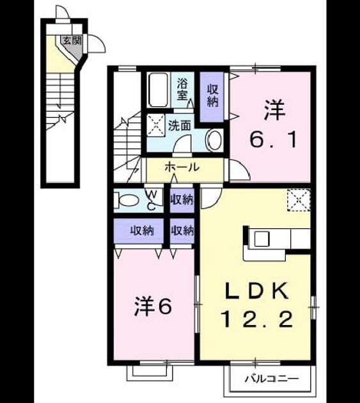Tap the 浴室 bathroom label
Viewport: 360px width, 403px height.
pos(182,90)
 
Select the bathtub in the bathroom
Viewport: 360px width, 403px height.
pos(158,90)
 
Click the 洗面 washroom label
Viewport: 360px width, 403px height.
pos(179,125)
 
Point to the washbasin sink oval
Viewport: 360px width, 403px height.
pos(215,141)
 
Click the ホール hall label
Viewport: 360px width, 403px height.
pos(182,167)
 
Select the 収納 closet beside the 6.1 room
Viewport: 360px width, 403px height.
pos(212,97)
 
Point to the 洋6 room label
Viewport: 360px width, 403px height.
pos(153,306)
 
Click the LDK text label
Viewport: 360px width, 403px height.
pos(256,290)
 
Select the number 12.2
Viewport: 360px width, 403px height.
pos(256,319)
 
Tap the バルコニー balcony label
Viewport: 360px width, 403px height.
pos(272,379)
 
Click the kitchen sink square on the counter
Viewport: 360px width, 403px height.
pos(262,239)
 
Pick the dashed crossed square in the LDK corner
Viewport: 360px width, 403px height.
pos(299,200)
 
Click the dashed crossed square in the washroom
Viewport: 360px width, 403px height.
pos(156,125)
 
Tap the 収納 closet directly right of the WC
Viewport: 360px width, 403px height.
pos(182,200)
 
